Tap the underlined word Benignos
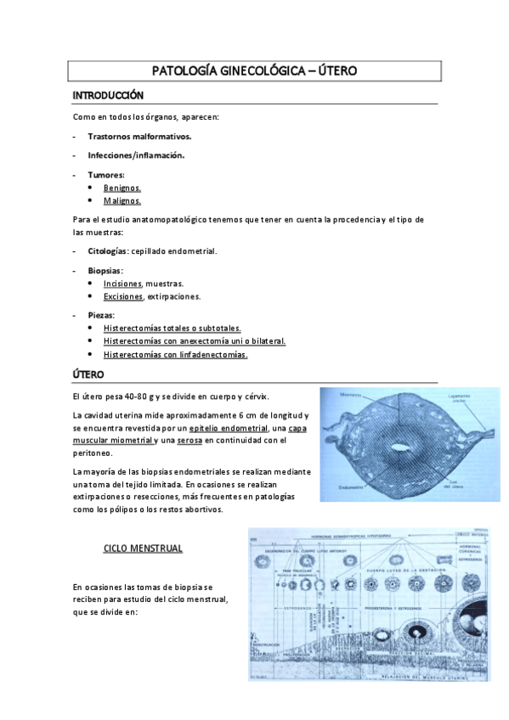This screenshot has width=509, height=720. [122, 188]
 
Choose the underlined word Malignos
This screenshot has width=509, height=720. [122, 202]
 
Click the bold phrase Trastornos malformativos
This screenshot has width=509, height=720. [139, 136]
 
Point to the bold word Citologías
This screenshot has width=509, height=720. [108, 251]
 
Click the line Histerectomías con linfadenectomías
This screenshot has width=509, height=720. [175, 355]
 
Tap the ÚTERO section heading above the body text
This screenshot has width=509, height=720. [89, 374]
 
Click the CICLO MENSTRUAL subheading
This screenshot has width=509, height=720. [143, 548]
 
